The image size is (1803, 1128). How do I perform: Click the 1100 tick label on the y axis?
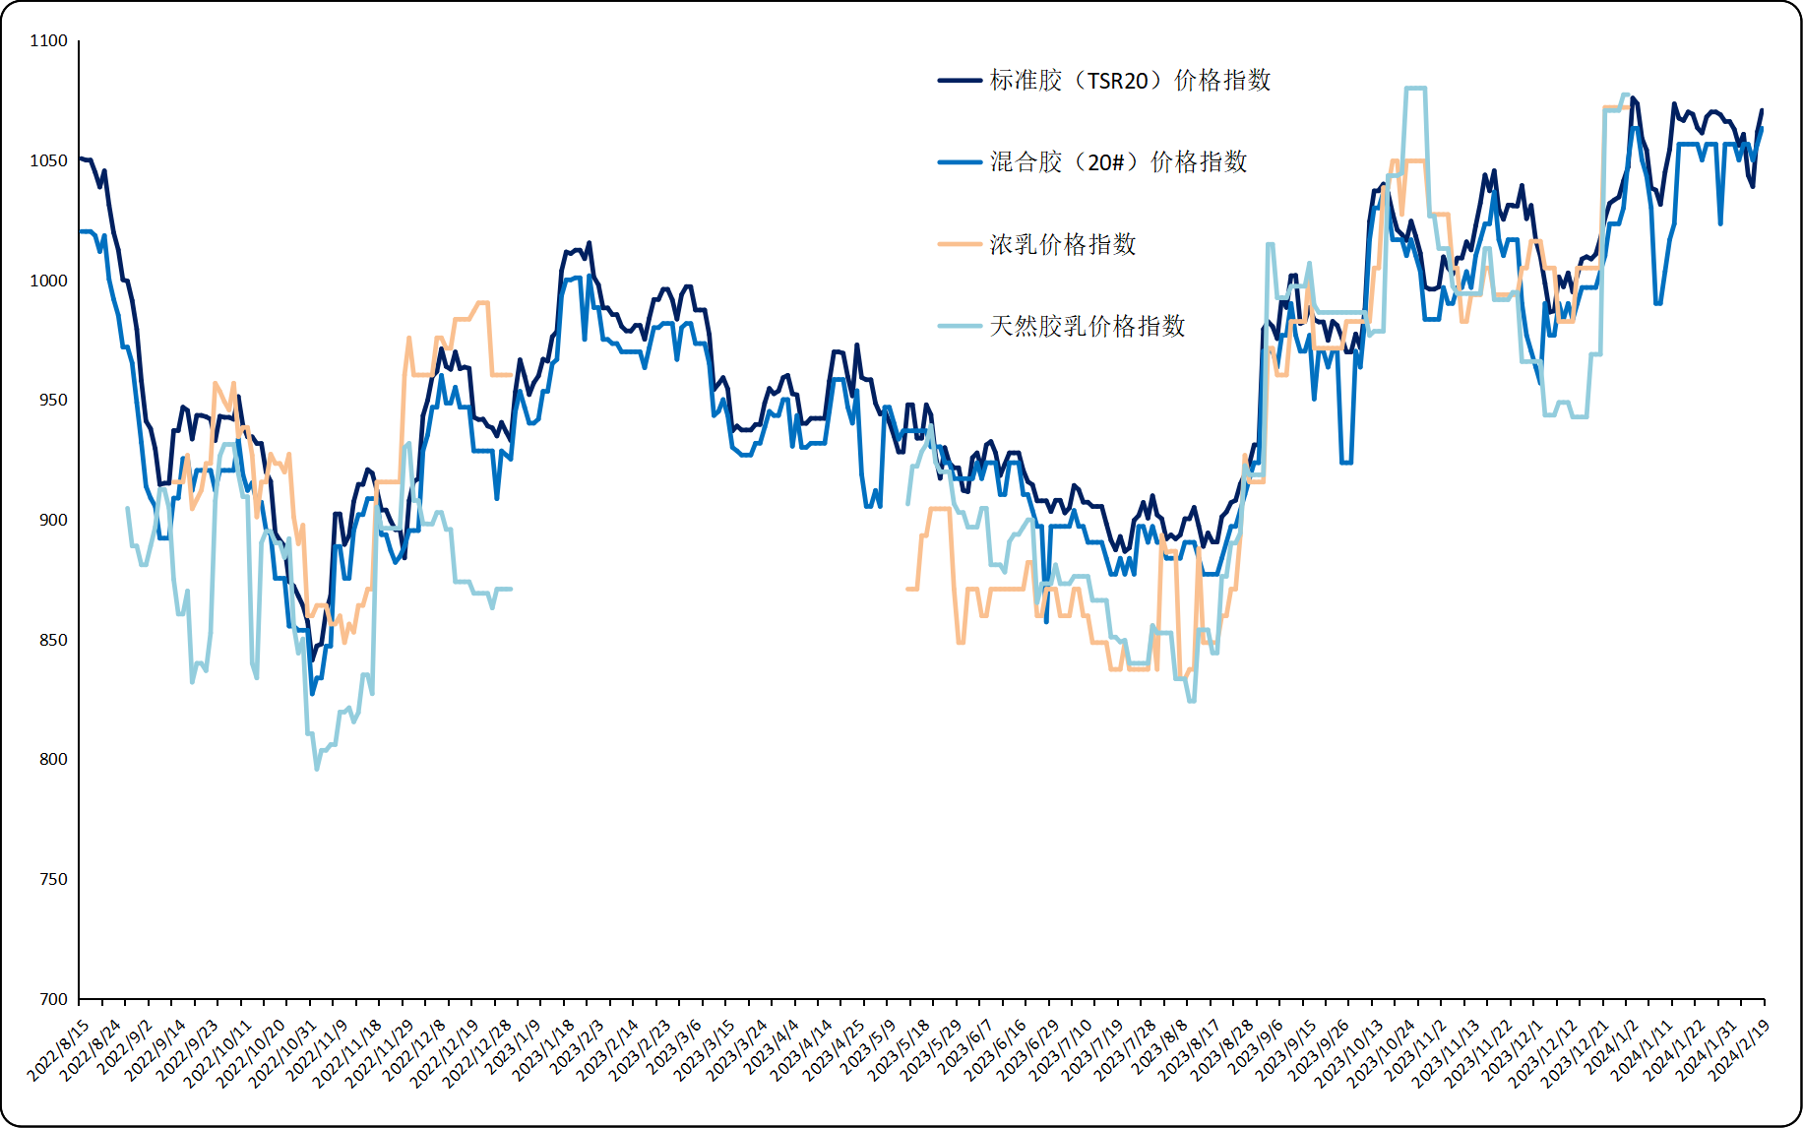tap(48, 40)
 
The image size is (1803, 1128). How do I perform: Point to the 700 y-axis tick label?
tap(53, 999)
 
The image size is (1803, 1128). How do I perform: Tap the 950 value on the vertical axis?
tap(53, 400)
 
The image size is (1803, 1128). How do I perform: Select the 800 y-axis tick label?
tap(53, 759)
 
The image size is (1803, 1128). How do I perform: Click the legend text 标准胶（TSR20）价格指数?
tap(1130, 80)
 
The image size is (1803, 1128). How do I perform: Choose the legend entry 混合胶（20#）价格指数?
tap(1118, 161)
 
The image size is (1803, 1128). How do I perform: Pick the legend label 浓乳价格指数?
tap(1063, 244)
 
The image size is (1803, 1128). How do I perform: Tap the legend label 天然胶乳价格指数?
tap(1088, 326)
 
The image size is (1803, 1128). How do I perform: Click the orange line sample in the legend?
tap(960, 243)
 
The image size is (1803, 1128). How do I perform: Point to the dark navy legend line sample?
tap(960, 80)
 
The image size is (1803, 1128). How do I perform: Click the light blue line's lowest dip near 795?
tap(317, 769)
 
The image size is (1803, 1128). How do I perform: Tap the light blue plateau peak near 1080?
tap(1415, 89)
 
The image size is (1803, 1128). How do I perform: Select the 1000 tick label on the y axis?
tap(48, 281)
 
